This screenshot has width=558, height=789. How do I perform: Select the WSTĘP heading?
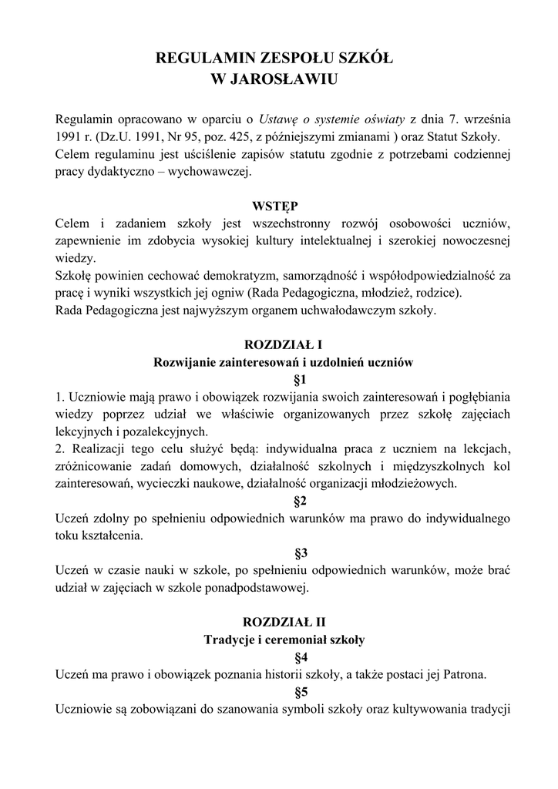click(x=279, y=206)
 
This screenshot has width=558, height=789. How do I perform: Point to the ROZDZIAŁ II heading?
click(x=279, y=622)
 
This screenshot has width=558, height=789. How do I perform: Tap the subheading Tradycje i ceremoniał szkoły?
click(x=279, y=640)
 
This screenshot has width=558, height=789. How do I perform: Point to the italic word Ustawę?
click(x=280, y=119)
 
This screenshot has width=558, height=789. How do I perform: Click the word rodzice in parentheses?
click(x=435, y=293)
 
